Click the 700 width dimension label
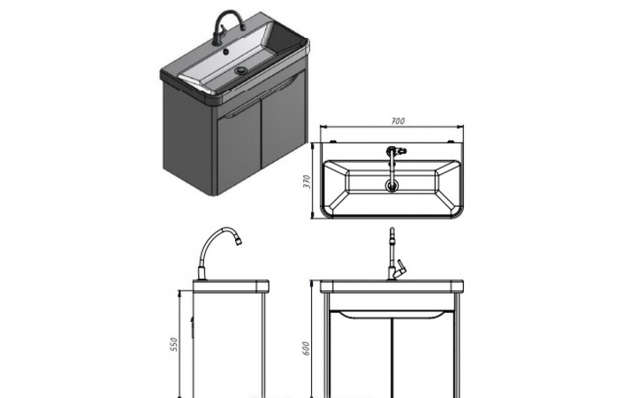[x=398, y=121]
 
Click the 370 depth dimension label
[x=307, y=181]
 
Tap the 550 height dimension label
[x=173, y=344]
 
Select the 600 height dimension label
[x=306, y=348]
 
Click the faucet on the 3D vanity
[x=228, y=27]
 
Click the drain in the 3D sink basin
[x=240, y=71]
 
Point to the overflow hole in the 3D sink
[x=225, y=51]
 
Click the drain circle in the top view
[x=391, y=185]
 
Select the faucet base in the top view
[x=391, y=151]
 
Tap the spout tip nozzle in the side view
[x=239, y=241]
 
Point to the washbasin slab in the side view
[x=231, y=287]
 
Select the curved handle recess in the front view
[x=392, y=315]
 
